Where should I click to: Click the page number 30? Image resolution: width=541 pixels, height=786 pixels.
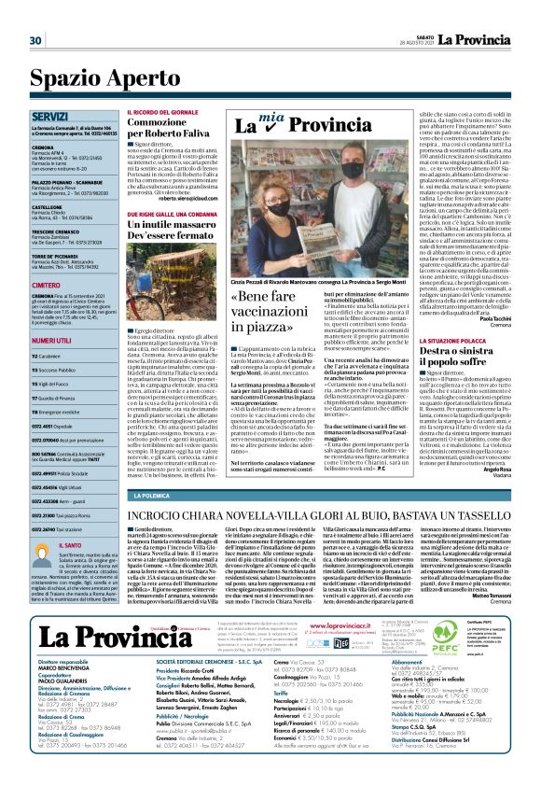click(x=35, y=40)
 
